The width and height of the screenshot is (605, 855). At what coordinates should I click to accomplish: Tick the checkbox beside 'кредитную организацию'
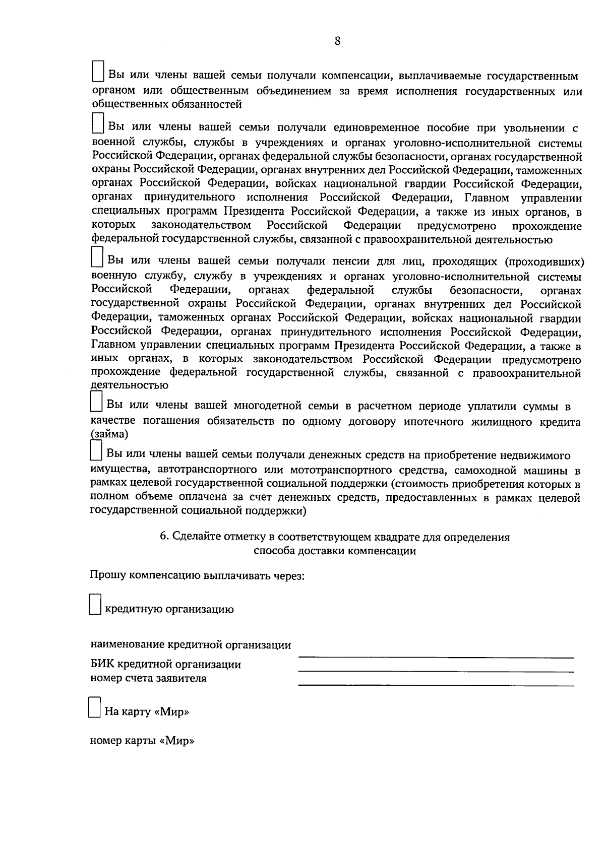95,604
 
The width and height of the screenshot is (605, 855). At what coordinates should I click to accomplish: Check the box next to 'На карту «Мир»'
94,707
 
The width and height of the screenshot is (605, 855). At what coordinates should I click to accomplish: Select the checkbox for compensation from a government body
98,71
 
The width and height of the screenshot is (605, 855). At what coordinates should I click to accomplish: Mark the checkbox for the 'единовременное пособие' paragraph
98,123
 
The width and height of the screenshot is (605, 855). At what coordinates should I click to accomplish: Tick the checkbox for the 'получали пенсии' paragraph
97,256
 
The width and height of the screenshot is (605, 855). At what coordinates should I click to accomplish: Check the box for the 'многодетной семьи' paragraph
96,401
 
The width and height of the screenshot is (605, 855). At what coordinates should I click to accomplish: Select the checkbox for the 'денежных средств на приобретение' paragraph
95,450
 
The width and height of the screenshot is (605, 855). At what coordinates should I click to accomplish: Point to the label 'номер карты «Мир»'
142,741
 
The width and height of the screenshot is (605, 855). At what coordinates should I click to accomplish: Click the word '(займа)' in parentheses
109,433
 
